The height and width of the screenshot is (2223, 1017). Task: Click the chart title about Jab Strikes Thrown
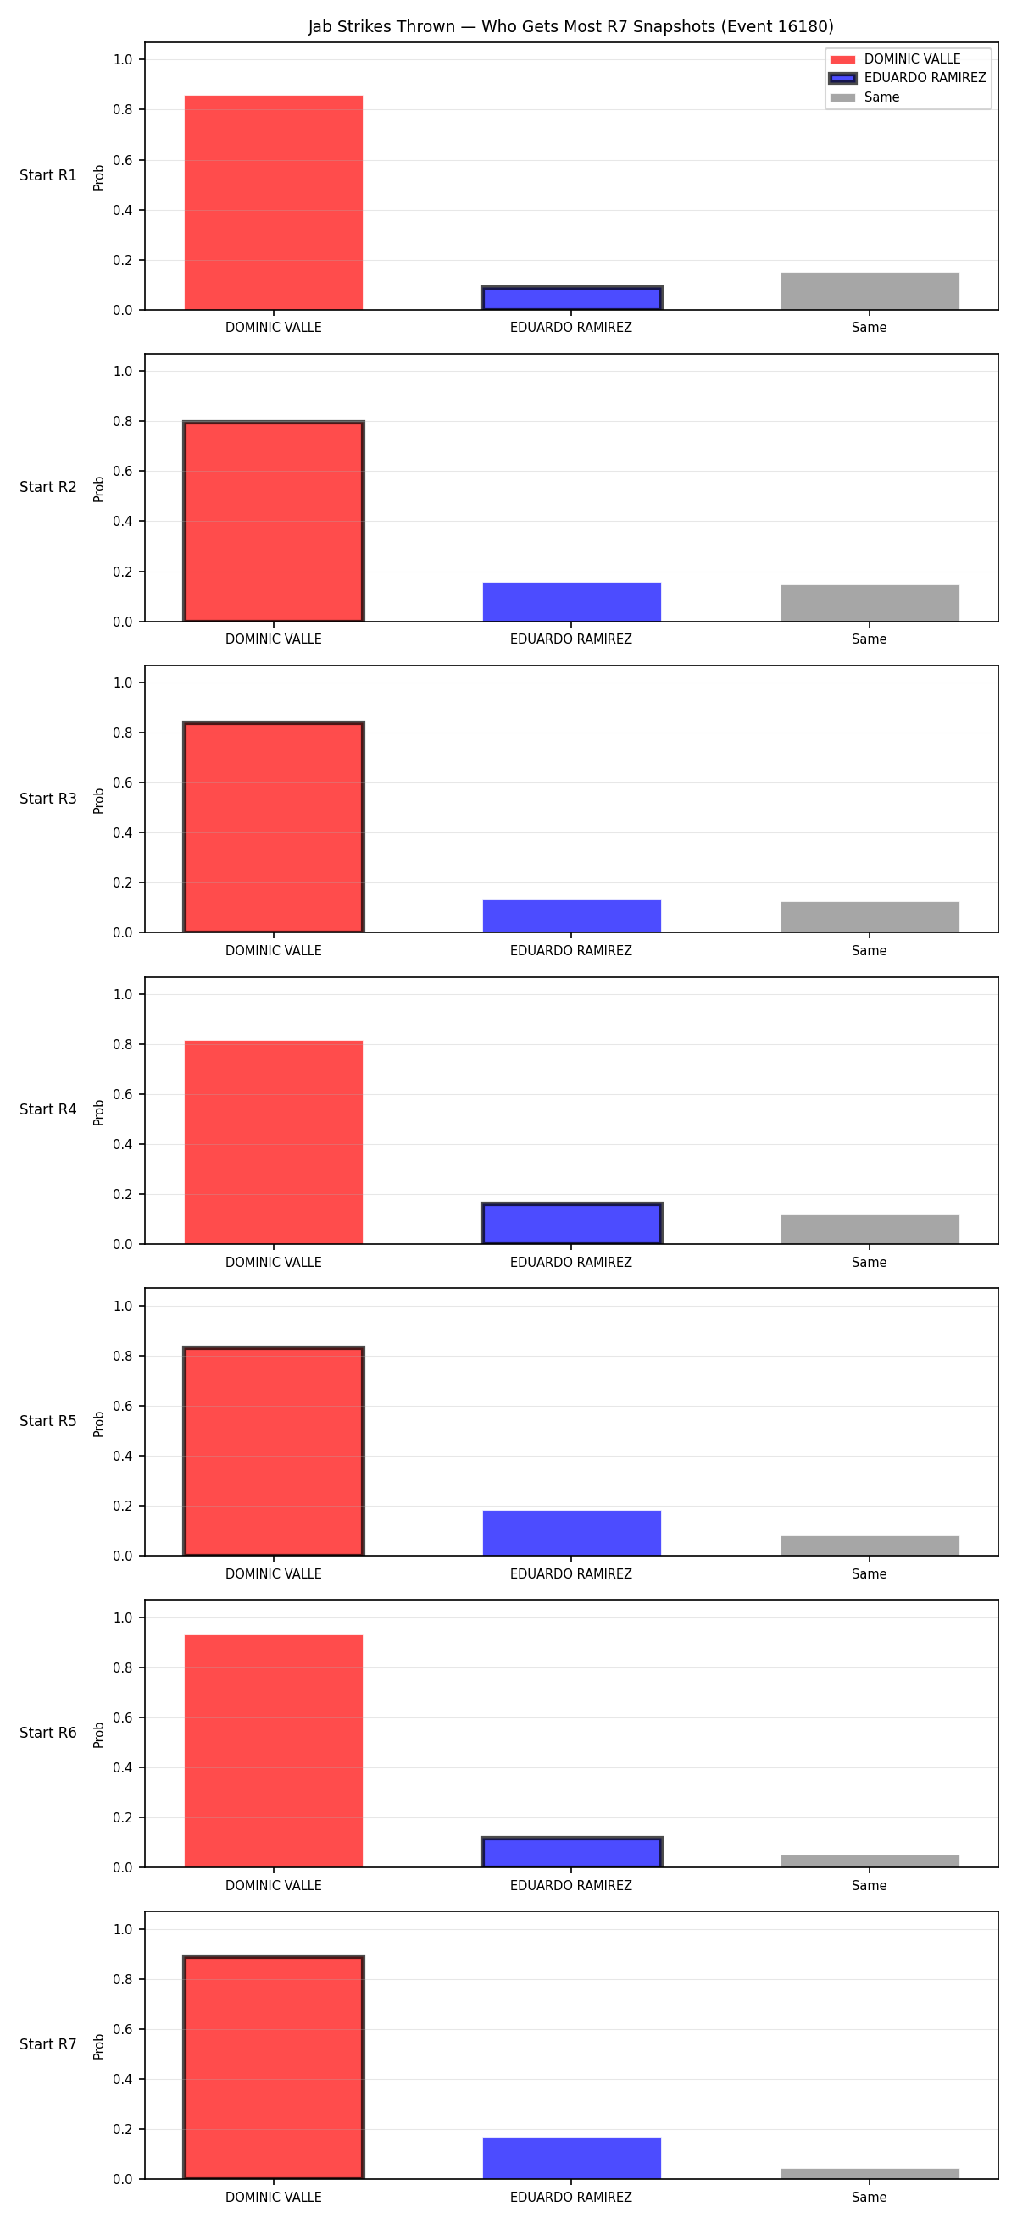[570, 27]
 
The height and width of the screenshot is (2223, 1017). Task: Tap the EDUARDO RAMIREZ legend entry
[908, 78]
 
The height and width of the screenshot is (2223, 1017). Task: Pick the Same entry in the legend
[864, 97]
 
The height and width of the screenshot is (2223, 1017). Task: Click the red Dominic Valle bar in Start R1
[274, 202]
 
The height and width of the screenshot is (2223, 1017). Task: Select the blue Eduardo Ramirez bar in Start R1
[571, 299]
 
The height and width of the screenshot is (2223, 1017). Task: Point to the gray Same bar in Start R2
[870, 603]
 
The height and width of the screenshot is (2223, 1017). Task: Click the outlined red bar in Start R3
[274, 827]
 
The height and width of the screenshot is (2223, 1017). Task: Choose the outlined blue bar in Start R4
[571, 1224]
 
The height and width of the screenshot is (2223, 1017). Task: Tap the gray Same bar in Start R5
[870, 1546]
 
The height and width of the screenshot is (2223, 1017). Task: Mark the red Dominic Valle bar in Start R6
[274, 1751]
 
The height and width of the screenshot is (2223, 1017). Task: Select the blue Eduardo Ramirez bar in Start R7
[571, 2159]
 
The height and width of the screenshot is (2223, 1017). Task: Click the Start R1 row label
[48, 175]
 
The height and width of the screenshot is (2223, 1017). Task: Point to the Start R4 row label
[48, 1109]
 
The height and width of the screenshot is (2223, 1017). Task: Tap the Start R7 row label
[48, 2044]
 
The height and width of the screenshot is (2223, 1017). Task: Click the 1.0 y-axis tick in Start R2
[123, 371]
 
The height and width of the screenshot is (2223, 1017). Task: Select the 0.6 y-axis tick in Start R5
[123, 1406]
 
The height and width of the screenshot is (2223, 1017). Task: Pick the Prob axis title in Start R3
[99, 801]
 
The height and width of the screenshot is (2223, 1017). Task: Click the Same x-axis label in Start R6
[870, 1886]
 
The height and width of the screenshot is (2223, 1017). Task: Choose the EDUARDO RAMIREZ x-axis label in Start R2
[570, 639]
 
